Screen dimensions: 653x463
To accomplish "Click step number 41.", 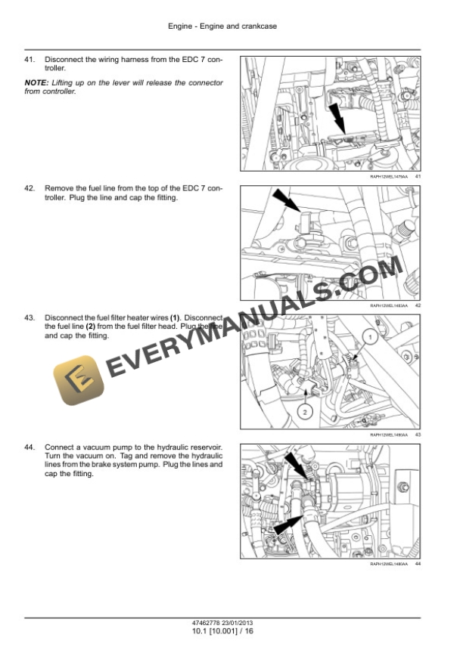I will click(30, 59).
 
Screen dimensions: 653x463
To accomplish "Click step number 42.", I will click(30, 187).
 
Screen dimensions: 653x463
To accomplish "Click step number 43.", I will click(30, 317).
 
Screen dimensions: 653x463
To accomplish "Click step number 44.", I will click(30, 447).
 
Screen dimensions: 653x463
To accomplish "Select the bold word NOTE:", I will click(36, 82).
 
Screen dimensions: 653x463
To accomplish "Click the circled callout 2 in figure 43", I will click(303, 412).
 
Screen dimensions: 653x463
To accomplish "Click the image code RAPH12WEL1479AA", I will click(389, 176).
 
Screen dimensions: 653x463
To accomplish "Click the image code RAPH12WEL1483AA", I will click(389, 306).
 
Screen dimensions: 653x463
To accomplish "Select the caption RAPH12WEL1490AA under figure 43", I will click(389, 435).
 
